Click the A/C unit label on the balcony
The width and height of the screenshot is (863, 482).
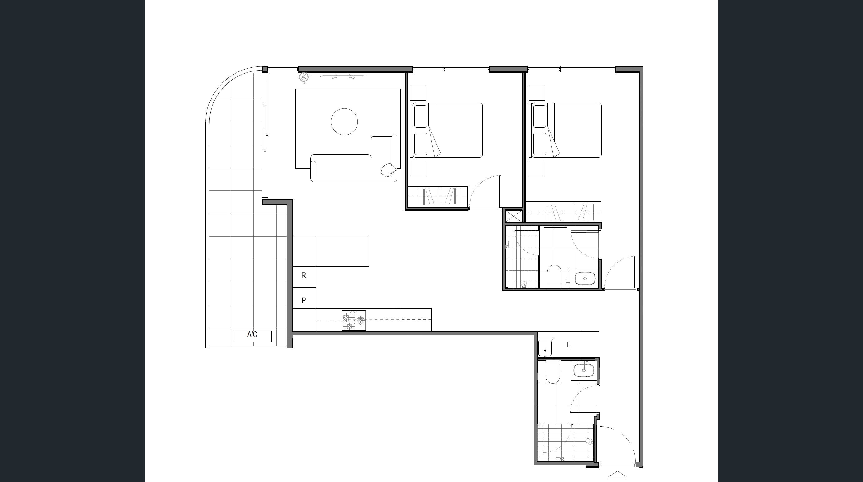252,335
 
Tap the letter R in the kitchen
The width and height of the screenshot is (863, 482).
303,275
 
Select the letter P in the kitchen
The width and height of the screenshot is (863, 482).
303,300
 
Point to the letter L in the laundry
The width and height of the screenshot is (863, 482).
569,345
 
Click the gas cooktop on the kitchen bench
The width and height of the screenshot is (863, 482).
353,320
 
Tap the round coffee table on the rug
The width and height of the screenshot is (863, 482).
344,121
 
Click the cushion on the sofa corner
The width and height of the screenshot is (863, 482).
388,170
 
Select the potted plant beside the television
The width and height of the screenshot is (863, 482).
304,77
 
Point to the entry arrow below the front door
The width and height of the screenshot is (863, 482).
617,474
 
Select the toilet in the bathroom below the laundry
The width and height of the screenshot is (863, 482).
552,371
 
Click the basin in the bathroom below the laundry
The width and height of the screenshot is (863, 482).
584,371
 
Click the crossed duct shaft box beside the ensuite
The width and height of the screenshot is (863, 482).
513,216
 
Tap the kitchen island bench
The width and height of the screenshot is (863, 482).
342,251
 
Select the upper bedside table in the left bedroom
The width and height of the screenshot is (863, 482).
418,93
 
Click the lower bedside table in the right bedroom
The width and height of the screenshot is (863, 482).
537,167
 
